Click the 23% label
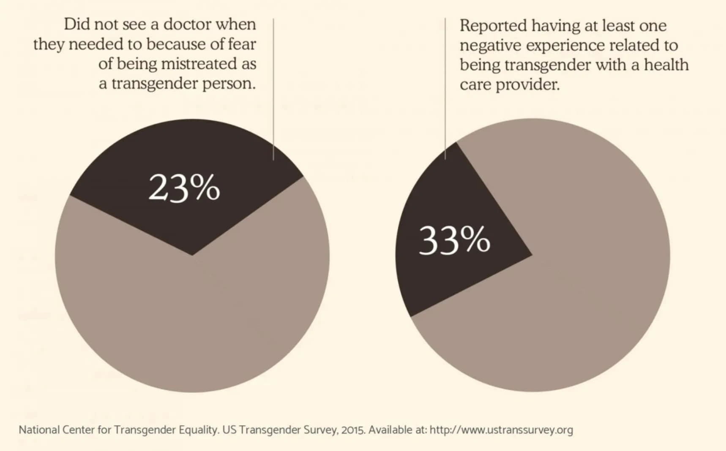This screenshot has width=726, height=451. coord(184,188)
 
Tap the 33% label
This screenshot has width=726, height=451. coord(454,240)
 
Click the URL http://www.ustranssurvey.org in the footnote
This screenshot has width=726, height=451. coord(501,430)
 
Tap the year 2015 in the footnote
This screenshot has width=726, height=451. coord(353,430)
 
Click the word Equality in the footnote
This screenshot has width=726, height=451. coord(199,430)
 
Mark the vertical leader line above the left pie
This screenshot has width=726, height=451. coord(273,89)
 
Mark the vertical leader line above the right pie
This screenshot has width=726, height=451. coord(445,89)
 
